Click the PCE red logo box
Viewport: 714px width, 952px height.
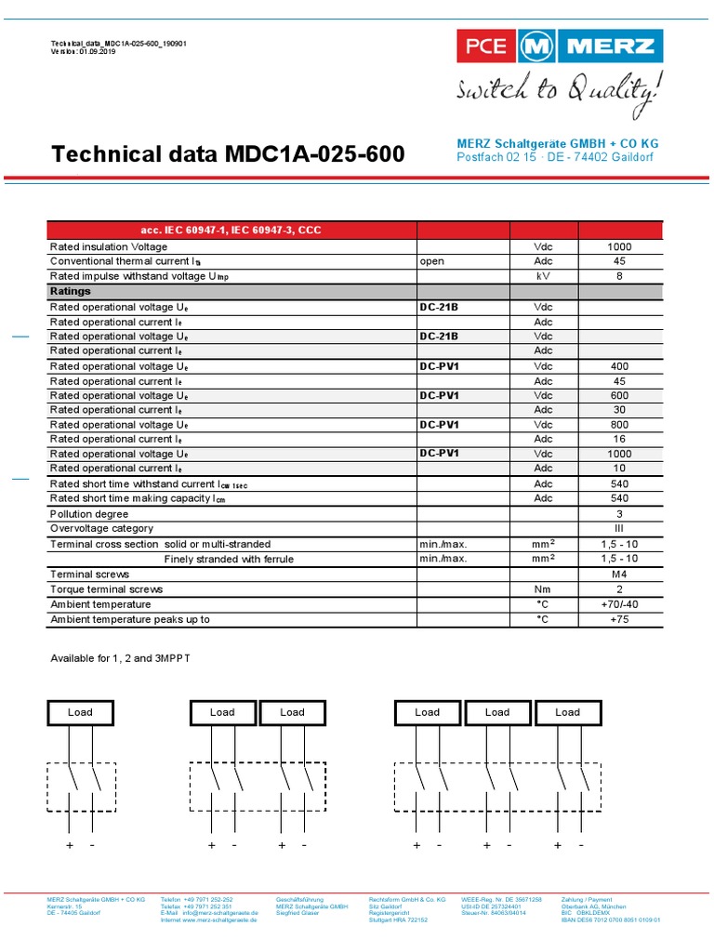[481, 46]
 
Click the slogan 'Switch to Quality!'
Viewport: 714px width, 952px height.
[561, 91]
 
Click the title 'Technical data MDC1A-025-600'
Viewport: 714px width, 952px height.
[228, 154]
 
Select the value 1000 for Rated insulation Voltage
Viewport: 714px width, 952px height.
[619, 246]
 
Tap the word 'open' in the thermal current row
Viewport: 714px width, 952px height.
[432, 261]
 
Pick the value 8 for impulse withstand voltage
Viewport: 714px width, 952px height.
[619, 276]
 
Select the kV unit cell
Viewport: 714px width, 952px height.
[543, 276]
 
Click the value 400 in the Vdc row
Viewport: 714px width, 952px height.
[619, 366]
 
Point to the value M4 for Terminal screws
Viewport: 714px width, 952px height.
[619, 575]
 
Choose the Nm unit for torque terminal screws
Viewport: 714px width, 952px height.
[543, 589]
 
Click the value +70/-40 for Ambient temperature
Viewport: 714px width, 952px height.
[619, 604]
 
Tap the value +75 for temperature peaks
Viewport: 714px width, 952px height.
[619, 619]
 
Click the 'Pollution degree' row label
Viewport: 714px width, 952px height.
[89, 514]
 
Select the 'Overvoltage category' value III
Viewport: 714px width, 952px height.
[619, 529]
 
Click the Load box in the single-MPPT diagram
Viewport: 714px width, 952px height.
[80, 712]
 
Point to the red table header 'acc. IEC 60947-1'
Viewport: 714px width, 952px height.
[231, 230]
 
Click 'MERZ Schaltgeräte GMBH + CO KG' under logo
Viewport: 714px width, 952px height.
[556, 143]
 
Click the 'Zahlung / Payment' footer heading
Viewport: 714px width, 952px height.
[587, 900]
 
